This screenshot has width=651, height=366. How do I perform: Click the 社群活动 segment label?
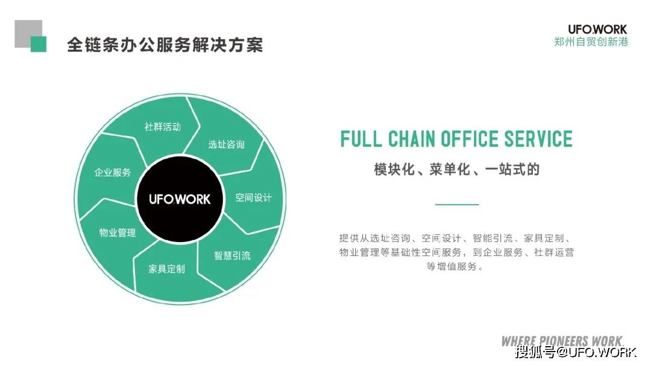click(x=162, y=127)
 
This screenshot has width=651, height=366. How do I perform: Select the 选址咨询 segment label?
click(x=226, y=144)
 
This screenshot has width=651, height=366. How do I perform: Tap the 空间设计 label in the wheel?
click(x=253, y=197)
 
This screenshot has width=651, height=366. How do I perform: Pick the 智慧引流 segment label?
click(x=232, y=255)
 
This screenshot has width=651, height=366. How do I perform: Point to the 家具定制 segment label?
click(x=166, y=268)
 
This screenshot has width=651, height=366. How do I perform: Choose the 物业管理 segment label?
click(x=118, y=232)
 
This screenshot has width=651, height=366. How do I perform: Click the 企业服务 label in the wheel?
click(x=113, y=172)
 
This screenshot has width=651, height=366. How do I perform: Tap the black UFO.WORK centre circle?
click(x=180, y=199)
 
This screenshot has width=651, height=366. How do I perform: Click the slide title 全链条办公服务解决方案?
click(x=165, y=45)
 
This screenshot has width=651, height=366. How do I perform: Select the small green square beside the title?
click(x=39, y=44)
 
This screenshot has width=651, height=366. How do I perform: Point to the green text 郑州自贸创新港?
click(x=591, y=42)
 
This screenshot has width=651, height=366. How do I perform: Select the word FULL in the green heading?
click(x=361, y=139)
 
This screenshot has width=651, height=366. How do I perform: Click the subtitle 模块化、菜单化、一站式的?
click(x=456, y=170)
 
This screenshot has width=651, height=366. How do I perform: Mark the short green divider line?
click(x=456, y=205)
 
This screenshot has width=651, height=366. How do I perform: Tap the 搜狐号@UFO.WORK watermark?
click(x=576, y=353)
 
